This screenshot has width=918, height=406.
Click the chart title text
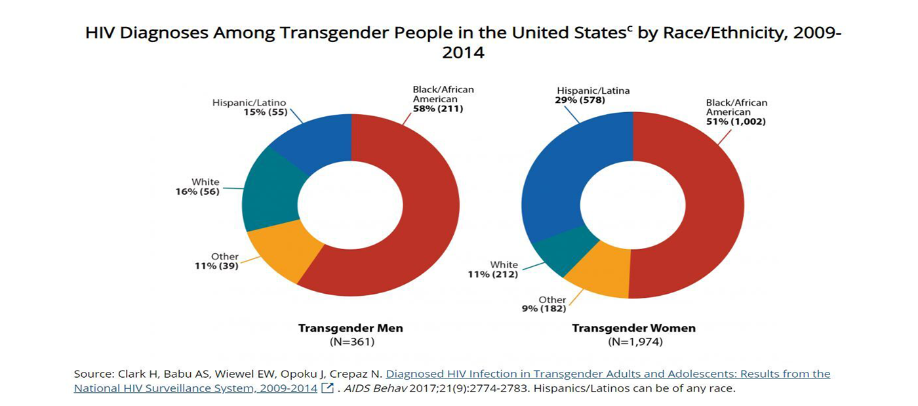pos(463,43)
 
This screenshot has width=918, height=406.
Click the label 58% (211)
pos(437,109)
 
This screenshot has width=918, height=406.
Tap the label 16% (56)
pos(196,192)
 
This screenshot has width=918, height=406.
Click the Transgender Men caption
pos(350,328)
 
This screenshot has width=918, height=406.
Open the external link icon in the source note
pos(328,388)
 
